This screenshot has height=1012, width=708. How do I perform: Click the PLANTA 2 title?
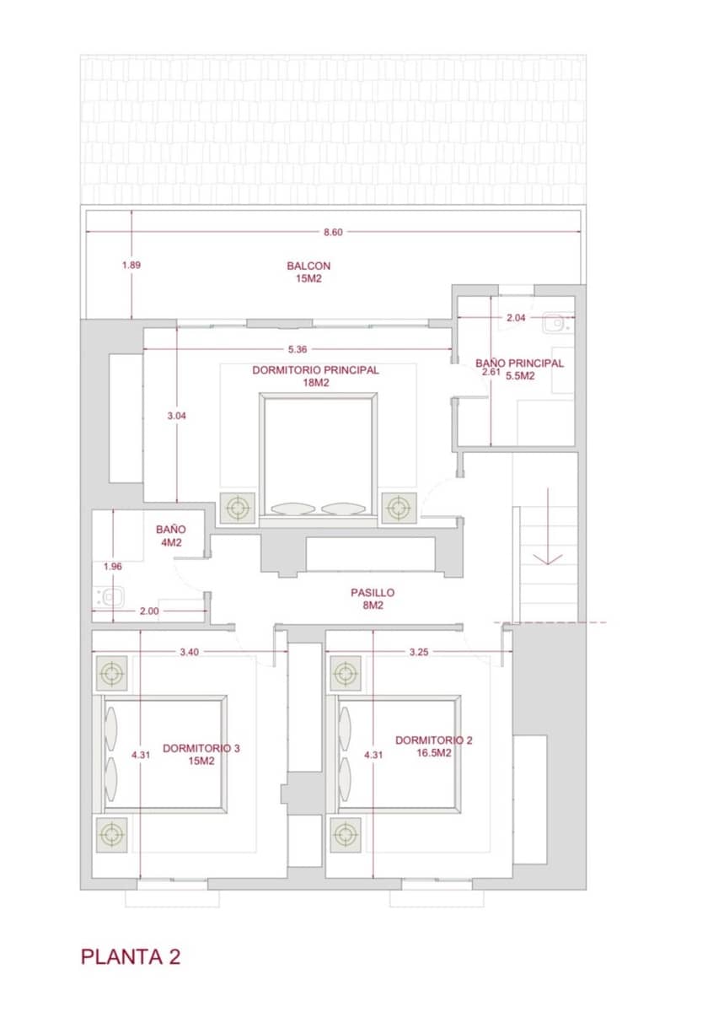tap(131, 956)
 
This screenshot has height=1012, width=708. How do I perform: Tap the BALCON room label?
tap(308, 272)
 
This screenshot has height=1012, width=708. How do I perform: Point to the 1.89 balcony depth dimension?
tap(131, 265)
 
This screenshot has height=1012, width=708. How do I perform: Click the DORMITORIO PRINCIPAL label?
tap(316, 375)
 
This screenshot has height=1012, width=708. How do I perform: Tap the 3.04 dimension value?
tap(176, 416)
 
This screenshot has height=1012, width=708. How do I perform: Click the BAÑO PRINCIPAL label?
tap(514, 369)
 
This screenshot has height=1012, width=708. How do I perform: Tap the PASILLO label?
tap(373, 598)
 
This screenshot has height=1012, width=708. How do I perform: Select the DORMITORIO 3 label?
tap(201, 753)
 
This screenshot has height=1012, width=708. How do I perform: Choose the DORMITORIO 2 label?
tap(434, 746)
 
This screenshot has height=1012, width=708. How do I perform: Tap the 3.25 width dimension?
tap(418, 652)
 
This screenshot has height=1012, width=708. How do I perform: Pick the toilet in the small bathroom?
tap(110, 597)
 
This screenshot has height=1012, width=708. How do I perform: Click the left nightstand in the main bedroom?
tap(238, 509)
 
